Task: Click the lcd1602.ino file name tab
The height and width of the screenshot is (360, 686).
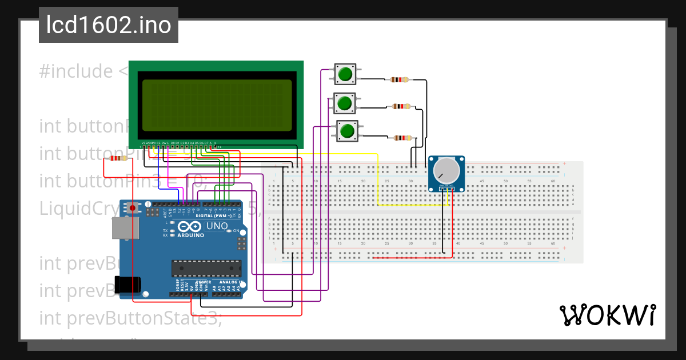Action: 108,25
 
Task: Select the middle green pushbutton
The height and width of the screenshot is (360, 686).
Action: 344,103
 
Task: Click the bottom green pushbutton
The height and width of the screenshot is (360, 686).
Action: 346,131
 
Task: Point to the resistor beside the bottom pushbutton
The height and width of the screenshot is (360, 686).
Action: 403,138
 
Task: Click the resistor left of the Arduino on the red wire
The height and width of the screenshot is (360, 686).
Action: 118,158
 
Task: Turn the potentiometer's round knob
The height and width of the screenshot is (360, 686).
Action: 446,170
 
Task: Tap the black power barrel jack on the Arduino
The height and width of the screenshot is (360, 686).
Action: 127,284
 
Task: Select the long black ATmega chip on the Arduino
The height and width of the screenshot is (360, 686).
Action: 206,267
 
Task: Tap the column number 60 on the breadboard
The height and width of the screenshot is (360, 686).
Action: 552,181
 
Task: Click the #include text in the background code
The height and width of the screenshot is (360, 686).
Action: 76,71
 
